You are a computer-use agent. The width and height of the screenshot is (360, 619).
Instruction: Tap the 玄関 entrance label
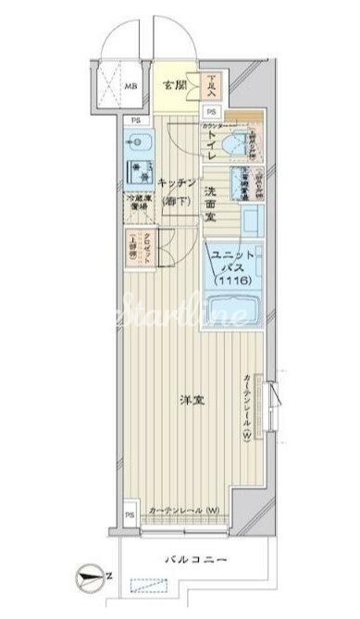tap(175, 85)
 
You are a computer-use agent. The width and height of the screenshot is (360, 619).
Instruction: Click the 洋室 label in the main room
tap(192, 401)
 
